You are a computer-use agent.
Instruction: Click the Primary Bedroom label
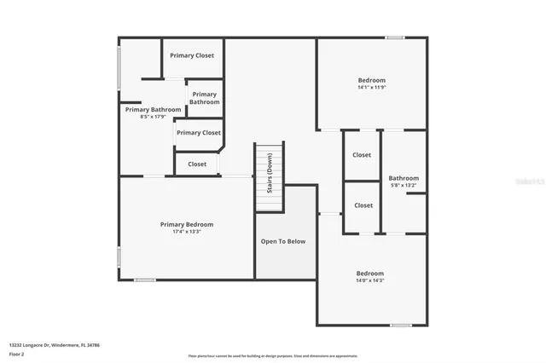tap(187, 224)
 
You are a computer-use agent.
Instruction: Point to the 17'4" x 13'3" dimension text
tap(187, 231)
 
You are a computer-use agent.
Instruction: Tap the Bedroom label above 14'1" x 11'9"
tap(371, 80)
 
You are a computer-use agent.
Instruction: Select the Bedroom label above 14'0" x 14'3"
tap(370, 274)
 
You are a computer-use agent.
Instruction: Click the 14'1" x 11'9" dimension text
tap(371, 87)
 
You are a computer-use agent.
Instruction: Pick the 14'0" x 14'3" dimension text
tap(370, 280)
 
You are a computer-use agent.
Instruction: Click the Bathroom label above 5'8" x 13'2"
tap(404, 178)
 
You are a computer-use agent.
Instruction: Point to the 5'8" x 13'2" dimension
tap(404, 185)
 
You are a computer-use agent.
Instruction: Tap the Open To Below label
tap(283, 241)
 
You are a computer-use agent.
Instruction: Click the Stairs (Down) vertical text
tap(270, 174)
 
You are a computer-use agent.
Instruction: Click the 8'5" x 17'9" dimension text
tap(153, 117)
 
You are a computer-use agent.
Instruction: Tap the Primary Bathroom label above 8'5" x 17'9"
tap(153, 109)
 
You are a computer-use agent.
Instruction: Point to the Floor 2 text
tap(17, 353)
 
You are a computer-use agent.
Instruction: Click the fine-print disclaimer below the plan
tap(273, 356)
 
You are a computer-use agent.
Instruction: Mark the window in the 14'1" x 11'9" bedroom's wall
tap(394, 37)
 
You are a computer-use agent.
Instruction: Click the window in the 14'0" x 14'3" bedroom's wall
tap(401, 325)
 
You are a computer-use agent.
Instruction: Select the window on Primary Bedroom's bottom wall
tap(145, 279)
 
